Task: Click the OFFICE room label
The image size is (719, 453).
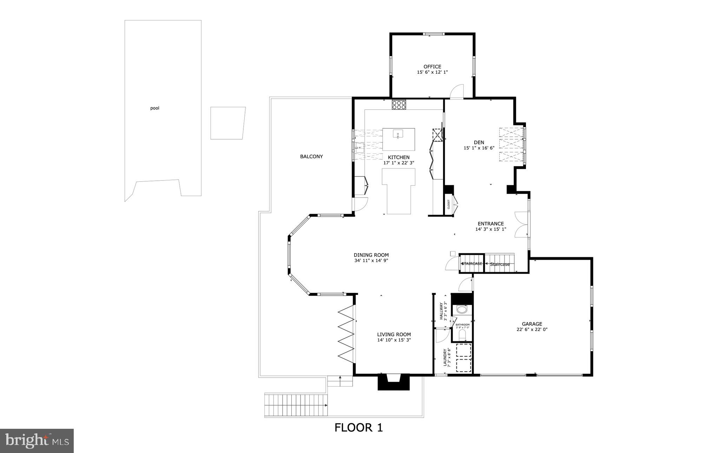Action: pos(432,67)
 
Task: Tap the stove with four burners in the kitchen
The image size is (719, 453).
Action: pos(399,105)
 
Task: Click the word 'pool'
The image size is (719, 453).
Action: pos(155,108)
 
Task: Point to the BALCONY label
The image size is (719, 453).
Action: pos(311,156)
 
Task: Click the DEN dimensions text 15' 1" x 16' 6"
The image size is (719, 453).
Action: pos(479,148)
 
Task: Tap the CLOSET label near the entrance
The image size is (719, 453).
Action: pos(449,205)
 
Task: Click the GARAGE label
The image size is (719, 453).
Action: pos(532,324)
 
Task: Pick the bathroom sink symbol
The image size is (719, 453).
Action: pos(462,310)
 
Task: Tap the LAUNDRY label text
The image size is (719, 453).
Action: pos(445,357)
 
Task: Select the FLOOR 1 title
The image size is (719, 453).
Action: pos(358,427)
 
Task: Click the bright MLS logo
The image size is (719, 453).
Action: pos(37,441)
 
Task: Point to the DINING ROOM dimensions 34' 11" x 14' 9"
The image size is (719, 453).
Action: pos(371,261)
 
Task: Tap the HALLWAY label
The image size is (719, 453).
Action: pos(441,311)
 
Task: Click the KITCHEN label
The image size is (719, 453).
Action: pos(398,157)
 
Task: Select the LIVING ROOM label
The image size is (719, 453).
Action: pos(394,334)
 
